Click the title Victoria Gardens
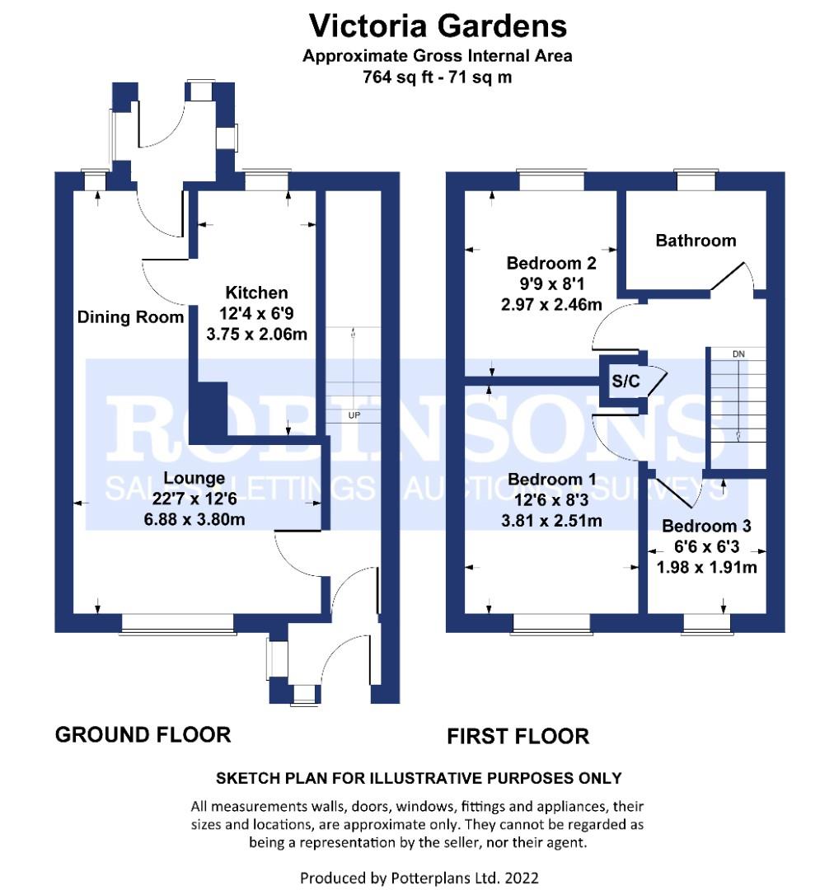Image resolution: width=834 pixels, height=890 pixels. coord(438,26)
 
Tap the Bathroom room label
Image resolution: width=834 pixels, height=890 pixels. coord(696,241)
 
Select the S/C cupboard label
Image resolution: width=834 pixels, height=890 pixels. coord(625,382)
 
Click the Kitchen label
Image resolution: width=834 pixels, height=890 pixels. coord(256,293)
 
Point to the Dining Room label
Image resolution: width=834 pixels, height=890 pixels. coord(130,317)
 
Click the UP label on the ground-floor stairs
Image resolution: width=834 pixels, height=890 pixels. coord(354,415)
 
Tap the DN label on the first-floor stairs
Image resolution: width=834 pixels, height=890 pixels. coord(738,354)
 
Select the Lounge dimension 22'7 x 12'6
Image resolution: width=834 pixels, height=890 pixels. coord(194,499)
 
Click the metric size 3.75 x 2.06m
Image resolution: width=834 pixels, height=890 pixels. coord(256,334)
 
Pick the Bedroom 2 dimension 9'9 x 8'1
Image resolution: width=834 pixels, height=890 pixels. coord(551,283)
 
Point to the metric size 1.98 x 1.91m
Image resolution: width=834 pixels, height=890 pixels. coord(707,567)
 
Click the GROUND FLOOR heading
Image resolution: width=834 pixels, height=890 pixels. coord(143,735)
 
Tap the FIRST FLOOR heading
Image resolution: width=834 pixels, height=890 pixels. coord(518,736)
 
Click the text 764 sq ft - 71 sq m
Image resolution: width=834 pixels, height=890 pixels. coord(437,77)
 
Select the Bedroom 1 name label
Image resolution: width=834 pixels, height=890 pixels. coord(552,480)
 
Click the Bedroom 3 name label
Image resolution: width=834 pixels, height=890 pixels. coord(706,526)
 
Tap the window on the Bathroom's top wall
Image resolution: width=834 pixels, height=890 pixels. coord(696,180)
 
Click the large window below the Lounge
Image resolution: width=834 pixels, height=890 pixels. coord(178,624)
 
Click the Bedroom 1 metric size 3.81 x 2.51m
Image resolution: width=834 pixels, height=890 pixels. coord(552,521)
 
